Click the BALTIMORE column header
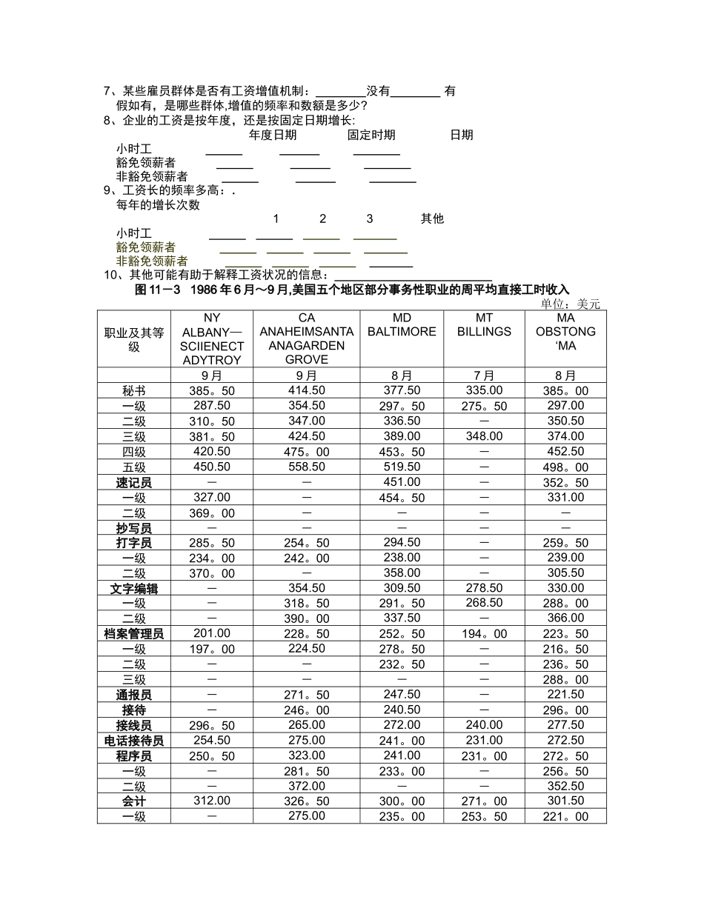click(402, 332)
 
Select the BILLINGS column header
click(484, 332)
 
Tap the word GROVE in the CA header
click(306, 360)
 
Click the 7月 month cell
click(484, 376)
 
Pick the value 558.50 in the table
click(307, 467)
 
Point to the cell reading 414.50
click(307, 390)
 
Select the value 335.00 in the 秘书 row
click(484, 390)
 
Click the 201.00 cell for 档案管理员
click(212, 633)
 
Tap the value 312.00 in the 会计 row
click(212, 801)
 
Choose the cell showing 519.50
click(402, 467)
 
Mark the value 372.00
click(307, 786)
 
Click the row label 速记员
click(133, 483)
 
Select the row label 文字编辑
click(133, 589)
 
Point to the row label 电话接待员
click(133, 741)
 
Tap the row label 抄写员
click(133, 528)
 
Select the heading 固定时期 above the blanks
click(371, 135)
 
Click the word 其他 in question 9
click(432, 218)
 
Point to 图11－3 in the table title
click(158, 290)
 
